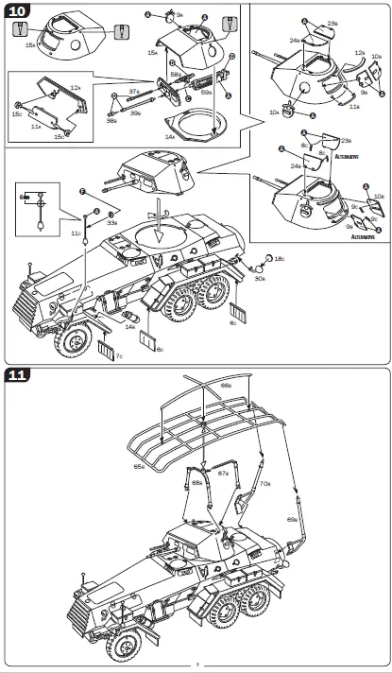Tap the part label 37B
click(x=134, y=93)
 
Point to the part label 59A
click(x=206, y=90)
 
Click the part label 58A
click(x=176, y=74)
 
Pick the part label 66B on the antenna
click(x=226, y=385)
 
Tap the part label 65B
click(x=139, y=466)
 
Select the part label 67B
click(x=222, y=473)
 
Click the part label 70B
click(x=264, y=484)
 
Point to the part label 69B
click(x=292, y=519)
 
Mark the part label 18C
click(x=279, y=258)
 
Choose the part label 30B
click(x=259, y=278)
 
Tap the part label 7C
click(x=119, y=357)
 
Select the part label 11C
click(x=76, y=232)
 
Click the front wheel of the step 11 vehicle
click(x=123, y=646)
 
